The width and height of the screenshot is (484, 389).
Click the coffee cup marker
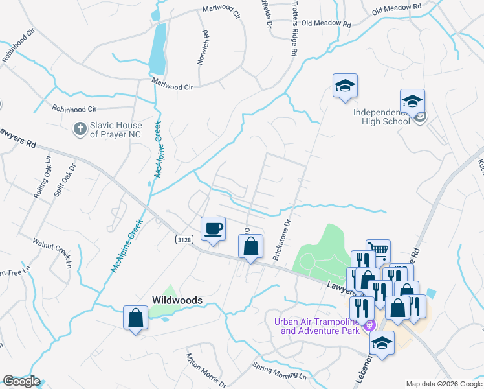(x=214, y=229)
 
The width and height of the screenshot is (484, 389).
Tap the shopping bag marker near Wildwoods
(x=135, y=318)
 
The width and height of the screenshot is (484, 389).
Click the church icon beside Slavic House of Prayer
(x=80, y=128)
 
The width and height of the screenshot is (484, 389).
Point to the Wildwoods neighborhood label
(x=177, y=301)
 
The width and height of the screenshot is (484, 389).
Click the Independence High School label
(x=382, y=117)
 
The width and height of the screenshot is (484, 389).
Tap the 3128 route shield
(x=184, y=240)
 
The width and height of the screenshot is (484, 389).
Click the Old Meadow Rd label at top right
(x=397, y=8)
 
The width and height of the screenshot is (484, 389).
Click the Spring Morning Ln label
(x=279, y=372)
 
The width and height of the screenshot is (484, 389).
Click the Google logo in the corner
(x=21, y=381)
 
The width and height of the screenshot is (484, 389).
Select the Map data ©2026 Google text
(x=443, y=384)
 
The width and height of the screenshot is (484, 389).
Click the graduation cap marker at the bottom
(x=382, y=344)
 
